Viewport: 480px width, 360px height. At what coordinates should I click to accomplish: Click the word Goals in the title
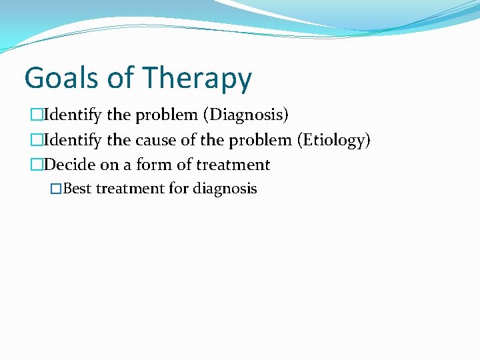tap(61, 78)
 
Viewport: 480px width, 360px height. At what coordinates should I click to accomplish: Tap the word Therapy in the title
tap(197, 79)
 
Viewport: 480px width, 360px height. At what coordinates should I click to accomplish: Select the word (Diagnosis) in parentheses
tap(246, 115)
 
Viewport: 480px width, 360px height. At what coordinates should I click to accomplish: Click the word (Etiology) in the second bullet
tap(333, 140)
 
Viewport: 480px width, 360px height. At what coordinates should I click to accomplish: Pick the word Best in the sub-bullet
tap(77, 189)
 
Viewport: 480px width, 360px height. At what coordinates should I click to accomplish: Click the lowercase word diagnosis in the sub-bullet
tap(225, 189)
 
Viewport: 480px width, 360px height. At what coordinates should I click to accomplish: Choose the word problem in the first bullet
tap(167, 115)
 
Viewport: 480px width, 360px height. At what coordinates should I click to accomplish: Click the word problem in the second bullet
tap(260, 140)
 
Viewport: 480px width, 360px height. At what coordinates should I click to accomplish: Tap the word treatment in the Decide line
tap(233, 165)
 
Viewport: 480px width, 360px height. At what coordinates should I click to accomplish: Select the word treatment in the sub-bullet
tap(130, 189)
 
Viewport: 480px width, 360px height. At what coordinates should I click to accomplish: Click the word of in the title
tap(120, 78)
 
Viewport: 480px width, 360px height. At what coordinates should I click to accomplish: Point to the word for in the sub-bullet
tap(179, 189)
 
